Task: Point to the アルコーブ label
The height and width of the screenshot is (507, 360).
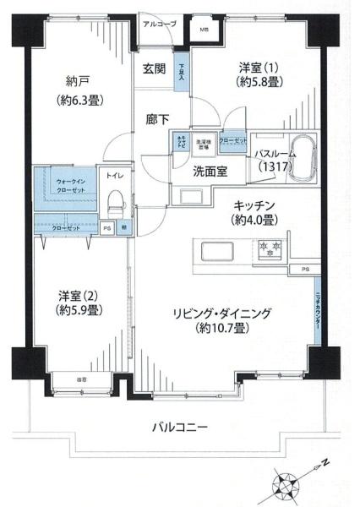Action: (159, 25)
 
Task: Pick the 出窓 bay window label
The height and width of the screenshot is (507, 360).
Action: (82, 379)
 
